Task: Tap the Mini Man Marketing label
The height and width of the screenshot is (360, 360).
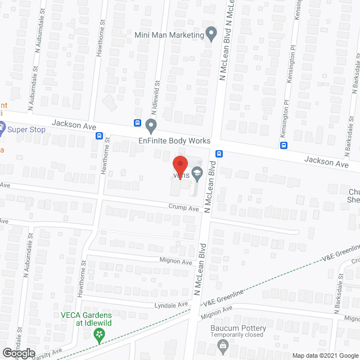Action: (x=169, y=35)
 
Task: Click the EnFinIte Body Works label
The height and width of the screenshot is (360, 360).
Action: (x=174, y=141)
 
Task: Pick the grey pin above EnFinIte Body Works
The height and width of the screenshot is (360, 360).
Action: (x=150, y=124)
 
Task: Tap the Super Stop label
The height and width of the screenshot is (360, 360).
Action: (x=26, y=129)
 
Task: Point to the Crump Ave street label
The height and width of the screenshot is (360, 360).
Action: (x=184, y=208)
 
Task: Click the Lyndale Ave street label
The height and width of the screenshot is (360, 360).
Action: (x=172, y=304)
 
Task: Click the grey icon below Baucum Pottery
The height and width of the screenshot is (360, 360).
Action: (x=223, y=345)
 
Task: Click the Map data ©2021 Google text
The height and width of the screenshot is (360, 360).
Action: (x=325, y=355)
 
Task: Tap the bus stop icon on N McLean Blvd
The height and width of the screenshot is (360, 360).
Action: (x=219, y=153)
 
